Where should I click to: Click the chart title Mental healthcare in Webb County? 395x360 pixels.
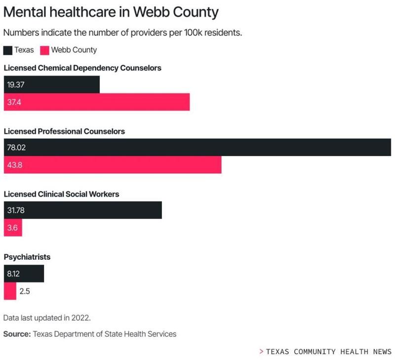click(x=111, y=12)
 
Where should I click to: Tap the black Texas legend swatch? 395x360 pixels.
click(x=8, y=50)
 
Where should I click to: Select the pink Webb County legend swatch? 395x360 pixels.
click(x=44, y=50)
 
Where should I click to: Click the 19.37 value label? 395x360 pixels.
click(x=16, y=85)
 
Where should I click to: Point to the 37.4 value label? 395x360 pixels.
click(x=14, y=103)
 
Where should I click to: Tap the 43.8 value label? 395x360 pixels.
click(x=14, y=165)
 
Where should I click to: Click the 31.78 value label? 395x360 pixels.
click(x=16, y=210)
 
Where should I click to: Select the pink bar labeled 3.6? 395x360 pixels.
click(x=13, y=228)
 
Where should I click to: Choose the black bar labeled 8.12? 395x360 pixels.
click(x=24, y=274)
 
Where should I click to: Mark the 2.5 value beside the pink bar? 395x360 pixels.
click(x=25, y=291)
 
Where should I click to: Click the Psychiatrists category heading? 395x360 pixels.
click(x=27, y=257)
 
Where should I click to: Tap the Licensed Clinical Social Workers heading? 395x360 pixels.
click(x=61, y=194)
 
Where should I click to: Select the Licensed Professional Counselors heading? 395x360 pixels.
click(x=64, y=131)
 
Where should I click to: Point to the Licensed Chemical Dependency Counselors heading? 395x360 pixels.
click(x=82, y=68)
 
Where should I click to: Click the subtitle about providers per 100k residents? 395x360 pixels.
click(x=122, y=33)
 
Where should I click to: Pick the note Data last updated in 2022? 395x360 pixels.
click(x=46, y=318)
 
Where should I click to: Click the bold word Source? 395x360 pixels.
click(x=17, y=334)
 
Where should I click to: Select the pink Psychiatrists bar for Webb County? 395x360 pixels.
click(x=10, y=291)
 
